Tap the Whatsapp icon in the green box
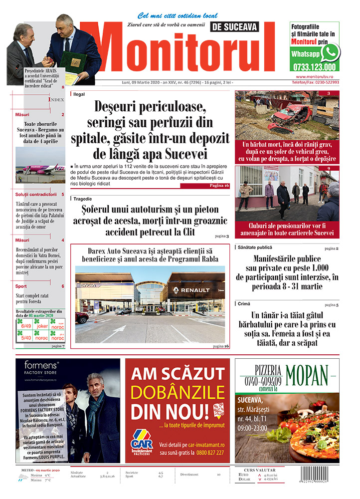click(330, 52)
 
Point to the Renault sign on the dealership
click(191, 290)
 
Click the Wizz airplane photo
click(40, 165)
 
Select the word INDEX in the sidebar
click(56, 100)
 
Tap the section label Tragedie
click(82, 199)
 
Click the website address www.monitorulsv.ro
click(317, 77)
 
